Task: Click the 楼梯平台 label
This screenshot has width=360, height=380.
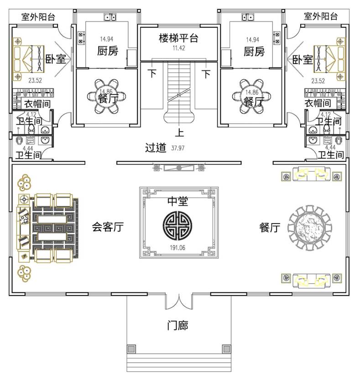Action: pyautogui.click(x=178, y=38)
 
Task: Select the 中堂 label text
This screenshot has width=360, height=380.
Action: pyautogui.click(x=178, y=202)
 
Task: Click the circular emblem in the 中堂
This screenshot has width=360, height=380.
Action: pyautogui.click(x=178, y=224)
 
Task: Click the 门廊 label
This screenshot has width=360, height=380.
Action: pyautogui.click(x=177, y=326)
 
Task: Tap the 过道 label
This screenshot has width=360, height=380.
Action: pyautogui.click(x=155, y=148)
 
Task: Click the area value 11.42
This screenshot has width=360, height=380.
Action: pyautogui.click(x=178, y=48)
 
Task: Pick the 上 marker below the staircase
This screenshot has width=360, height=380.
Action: pyautogui.click(x=179, y=134)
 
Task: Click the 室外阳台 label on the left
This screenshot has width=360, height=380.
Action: pyautogui.click(x=38, y=17)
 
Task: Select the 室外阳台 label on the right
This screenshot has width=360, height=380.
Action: pyautogui.click(x=321, y=17)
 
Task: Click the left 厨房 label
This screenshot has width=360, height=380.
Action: pyautogui.click(x=108, y=51)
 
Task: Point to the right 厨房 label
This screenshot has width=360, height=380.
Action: pyautogui.click(x=254, y=51)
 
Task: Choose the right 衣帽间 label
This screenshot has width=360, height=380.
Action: pyautogui.click(x=318, y=104)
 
